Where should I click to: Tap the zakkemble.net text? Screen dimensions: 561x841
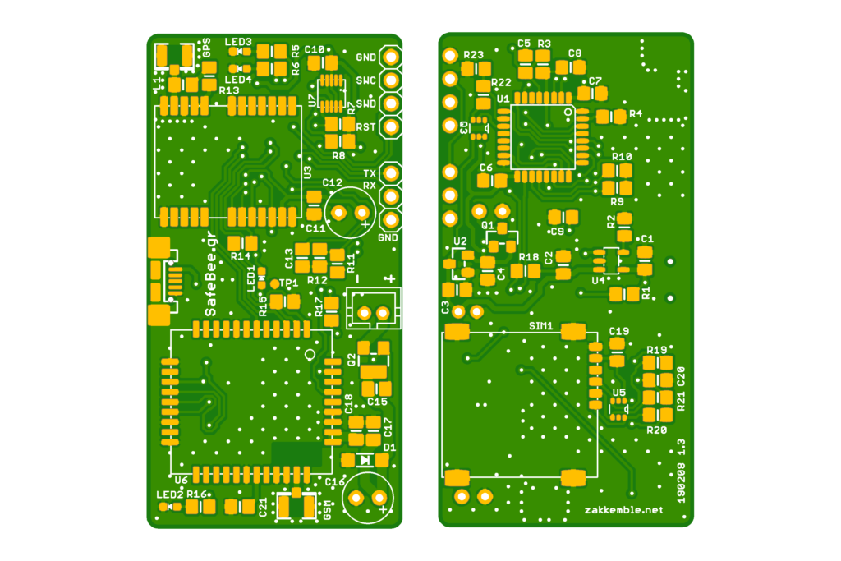pyautogui.click(x=623, y=510)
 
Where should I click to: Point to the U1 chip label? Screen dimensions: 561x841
pyautogui.click(x=503, y=98)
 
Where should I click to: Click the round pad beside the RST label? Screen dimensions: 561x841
pyautogui.click(x=391, y=127)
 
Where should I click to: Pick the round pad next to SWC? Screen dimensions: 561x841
pyautogui.click(x=391, y=80)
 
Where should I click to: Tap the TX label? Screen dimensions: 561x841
pyautogui.click(x=370, y=174)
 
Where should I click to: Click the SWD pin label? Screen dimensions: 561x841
pyautogui.click(x=365, y=103)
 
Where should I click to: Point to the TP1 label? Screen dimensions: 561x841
pyautogui.click(x=288, y=283)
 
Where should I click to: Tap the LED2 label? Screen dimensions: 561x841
pyautogui.click(x=169, y=494)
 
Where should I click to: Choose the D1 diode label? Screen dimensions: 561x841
pyautogui.click(x=389, y=447)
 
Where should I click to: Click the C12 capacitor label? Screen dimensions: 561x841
pyautogui.click(x=332, y=182)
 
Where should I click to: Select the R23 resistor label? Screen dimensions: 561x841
pyautogui.click(x=473, y=55)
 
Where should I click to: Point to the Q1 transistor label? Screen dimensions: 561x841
pyautogui.click(x=488, y=224)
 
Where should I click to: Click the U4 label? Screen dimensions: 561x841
pyautogui.click(x=598, y=280)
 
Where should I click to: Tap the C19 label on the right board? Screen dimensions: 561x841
pyautogui.click(x=619, y=331)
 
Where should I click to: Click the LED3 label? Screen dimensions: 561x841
pyautogui.click(x=238, y=41)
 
